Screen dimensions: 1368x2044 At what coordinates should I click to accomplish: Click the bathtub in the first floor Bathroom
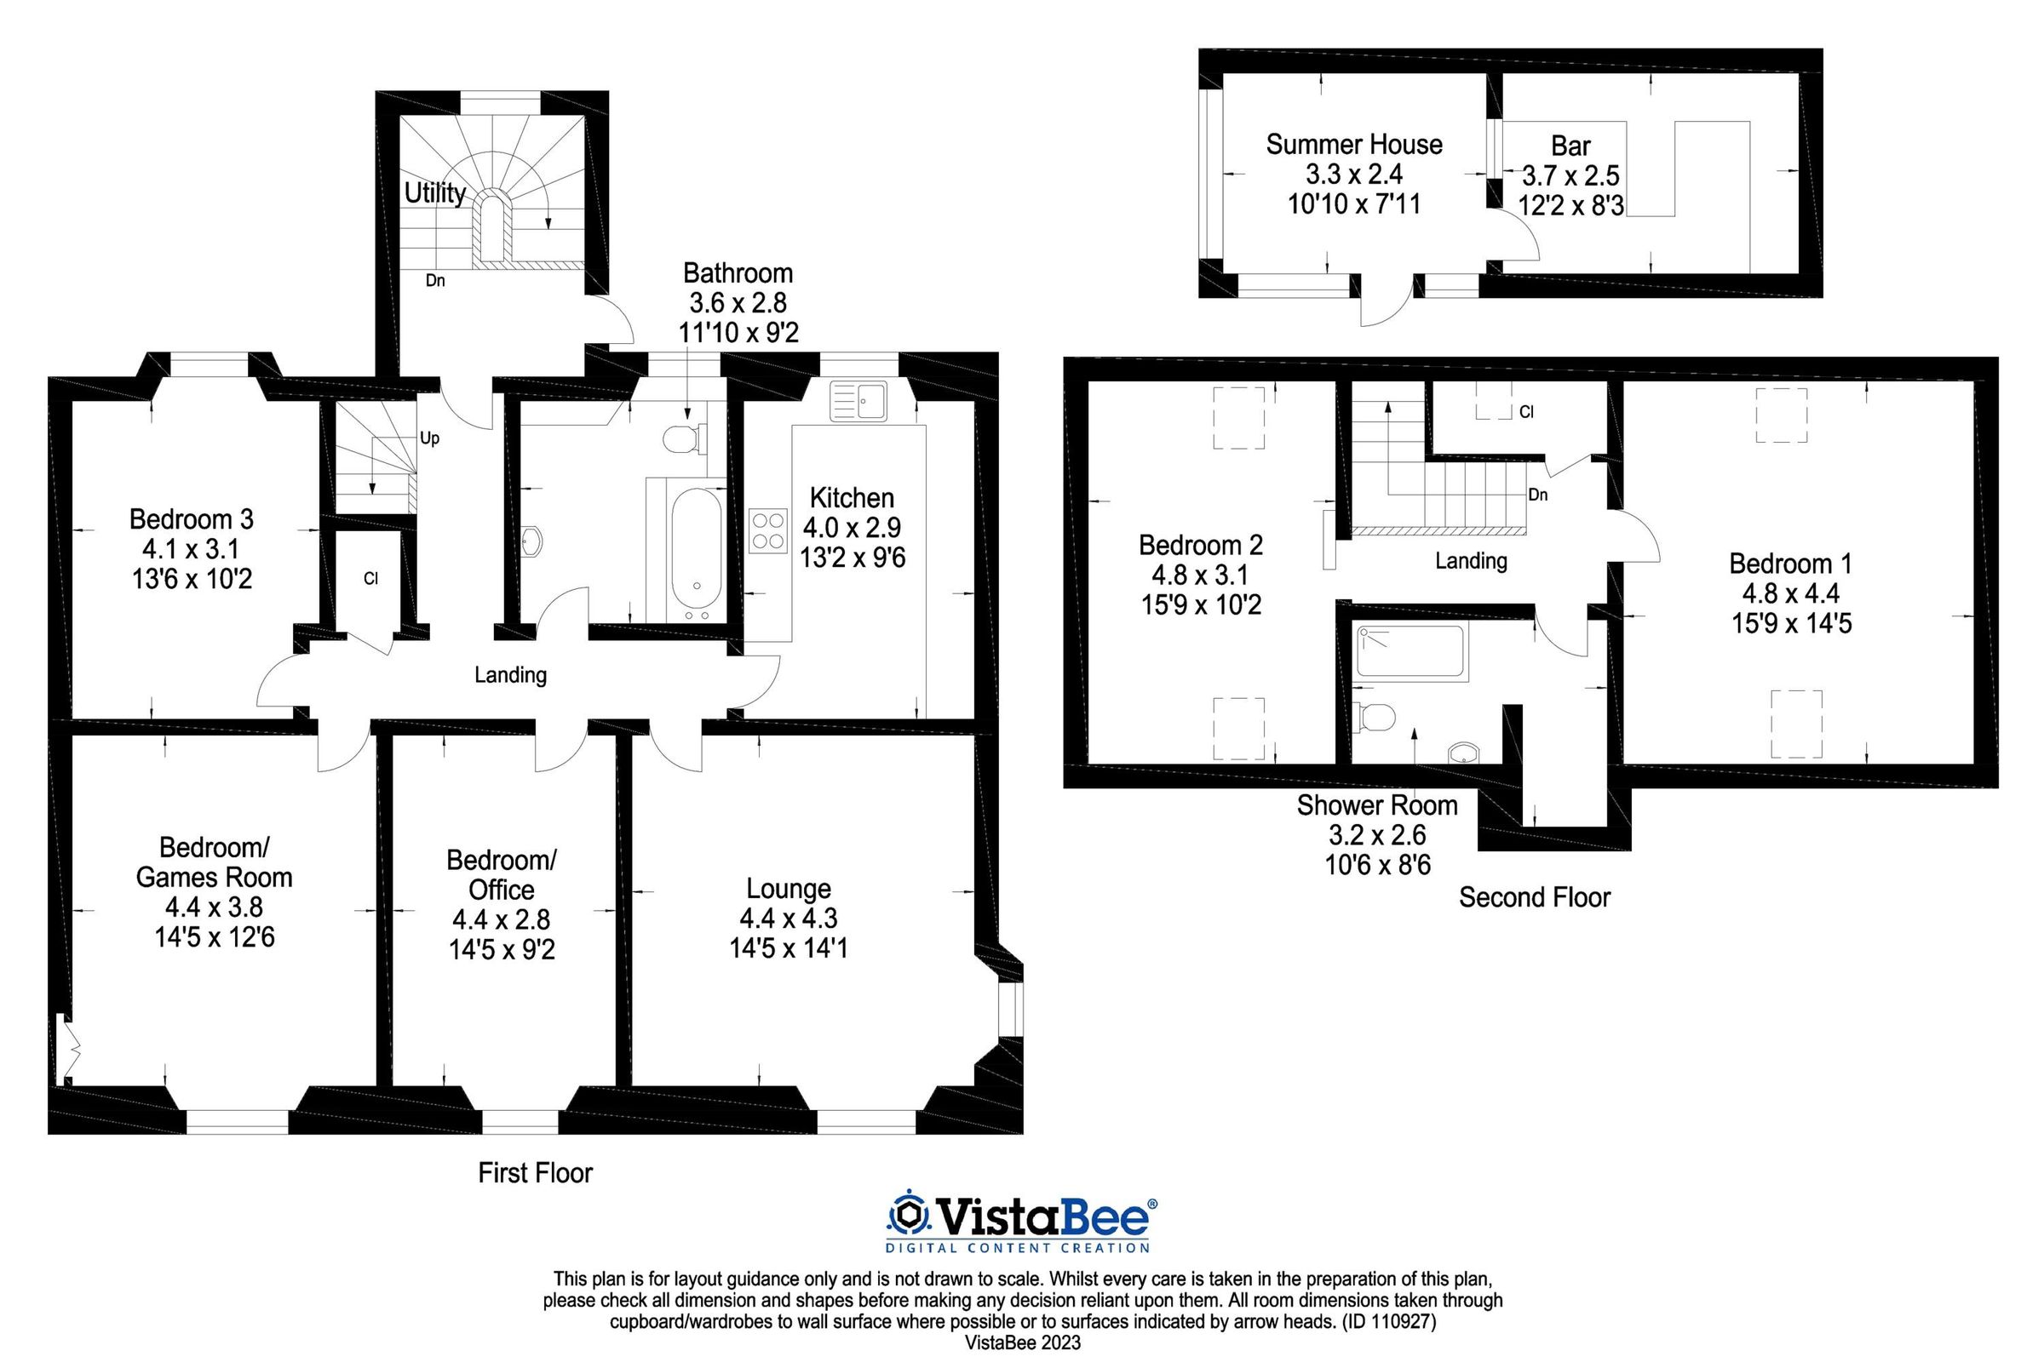pyautogui.click(x=696, y=552)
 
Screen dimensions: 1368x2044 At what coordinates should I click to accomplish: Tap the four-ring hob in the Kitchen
pyautogui.click(x=767, y=530)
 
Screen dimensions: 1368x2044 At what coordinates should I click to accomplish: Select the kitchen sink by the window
pyautogui.click(x=858, y=401)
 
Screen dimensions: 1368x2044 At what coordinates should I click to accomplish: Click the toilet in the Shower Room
pyautogui.click(x=1374, y=717)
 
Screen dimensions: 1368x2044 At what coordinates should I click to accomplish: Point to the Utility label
pyautogui.click(x=434, y=192)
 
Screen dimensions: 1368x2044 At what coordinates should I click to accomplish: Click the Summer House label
pyautogui.click(x=1353, y=144)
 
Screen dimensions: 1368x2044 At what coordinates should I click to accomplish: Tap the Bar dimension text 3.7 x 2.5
pyautogui.click(x=1571, y=175)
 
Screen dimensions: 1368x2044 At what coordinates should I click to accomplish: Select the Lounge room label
pyautogui.click(x=788, y=888)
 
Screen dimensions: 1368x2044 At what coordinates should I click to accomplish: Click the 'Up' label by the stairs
pyautogui.click(x=429, y=438)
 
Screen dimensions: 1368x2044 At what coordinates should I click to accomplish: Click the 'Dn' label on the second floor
pyautogui.click(x=1538, y=495)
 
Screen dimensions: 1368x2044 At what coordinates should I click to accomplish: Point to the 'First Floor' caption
pyautogui.click(x=535, y=1172)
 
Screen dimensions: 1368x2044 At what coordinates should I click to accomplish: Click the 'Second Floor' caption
pyautogui.click(x=1535, y=897)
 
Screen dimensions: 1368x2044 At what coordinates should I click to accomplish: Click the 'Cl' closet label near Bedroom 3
pyautogui.click(x=371, y=578)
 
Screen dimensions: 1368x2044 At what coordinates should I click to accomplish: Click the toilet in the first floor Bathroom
pyautogui.click(x=680, y=439)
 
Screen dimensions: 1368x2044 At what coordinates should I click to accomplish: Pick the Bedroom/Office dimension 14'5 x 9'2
pyautogui.click(x=501, y=949)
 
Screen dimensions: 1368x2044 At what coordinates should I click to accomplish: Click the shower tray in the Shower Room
pyautogui.click(x=1410, y=652)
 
